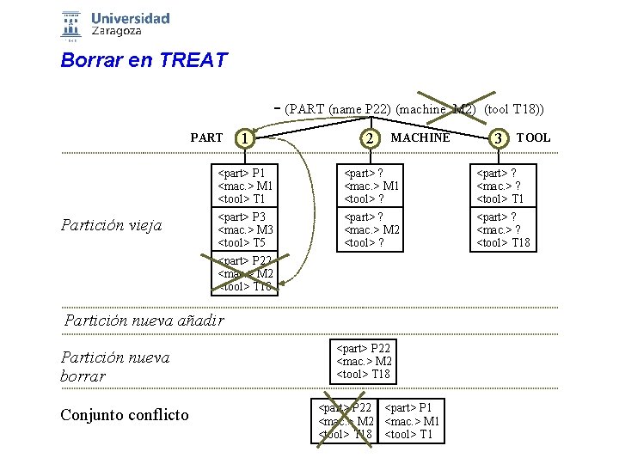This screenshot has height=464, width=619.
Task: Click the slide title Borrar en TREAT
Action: [x=144, y=61]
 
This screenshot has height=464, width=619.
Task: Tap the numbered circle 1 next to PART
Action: [x=247, y=138]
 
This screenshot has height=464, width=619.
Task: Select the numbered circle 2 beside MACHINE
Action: [x=369, y=138]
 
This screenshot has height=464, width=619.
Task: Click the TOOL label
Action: [x=533, y=137]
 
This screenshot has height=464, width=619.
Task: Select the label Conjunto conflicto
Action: [x=125, y=415]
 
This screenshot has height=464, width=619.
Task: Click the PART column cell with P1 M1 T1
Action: [x=247, y=186]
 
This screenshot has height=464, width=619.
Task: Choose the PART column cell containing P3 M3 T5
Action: [x=247, y=229]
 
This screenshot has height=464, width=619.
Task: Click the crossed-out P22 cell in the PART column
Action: [x=247, y=273]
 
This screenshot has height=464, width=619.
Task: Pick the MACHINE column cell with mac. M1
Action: [x=371, y=186]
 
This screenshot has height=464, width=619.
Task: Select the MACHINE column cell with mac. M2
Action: [x=371, y=229]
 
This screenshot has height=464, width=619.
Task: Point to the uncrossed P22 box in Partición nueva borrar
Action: [x=363, y=361]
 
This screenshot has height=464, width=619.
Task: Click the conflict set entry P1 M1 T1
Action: [x=412, y=421]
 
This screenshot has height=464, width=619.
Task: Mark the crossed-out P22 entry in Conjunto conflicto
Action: [x=346, y=421]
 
